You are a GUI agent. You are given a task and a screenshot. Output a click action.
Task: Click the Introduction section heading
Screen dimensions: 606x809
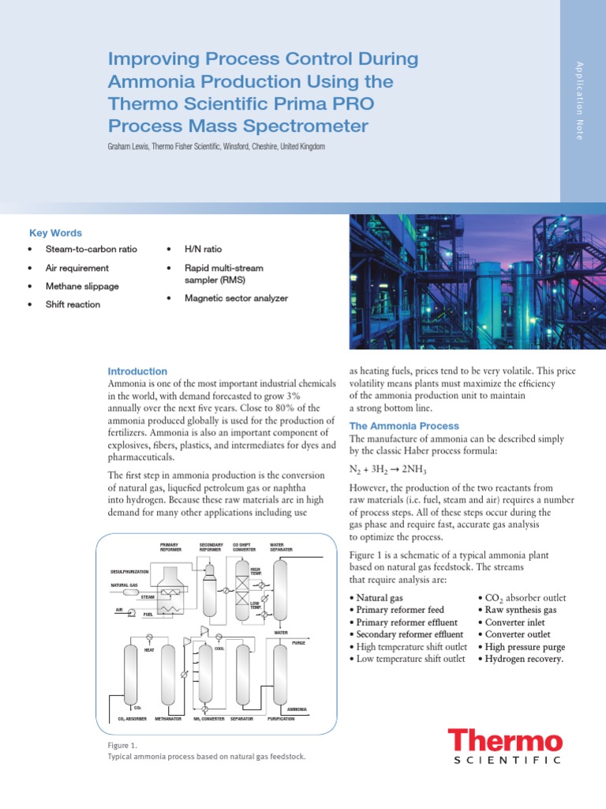click(x=137, y=371)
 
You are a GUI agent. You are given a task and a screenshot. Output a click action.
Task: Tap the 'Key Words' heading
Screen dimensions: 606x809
click(x=55, y=232)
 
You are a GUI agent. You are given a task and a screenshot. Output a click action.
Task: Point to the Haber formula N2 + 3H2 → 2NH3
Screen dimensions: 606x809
click(x=392, y=469)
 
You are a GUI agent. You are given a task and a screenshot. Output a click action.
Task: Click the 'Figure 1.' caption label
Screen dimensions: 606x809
click(x=122, y=745)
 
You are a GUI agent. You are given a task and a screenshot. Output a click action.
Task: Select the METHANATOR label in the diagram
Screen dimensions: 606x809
click(x=168, y=720)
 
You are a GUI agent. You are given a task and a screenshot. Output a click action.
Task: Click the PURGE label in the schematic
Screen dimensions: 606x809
click(x=298, y=643)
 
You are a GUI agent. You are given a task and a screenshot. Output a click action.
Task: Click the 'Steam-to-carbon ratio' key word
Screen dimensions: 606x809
click(x=91, y=249)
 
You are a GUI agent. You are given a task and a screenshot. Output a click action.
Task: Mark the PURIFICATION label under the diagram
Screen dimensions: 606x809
click(x=282, y=720)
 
